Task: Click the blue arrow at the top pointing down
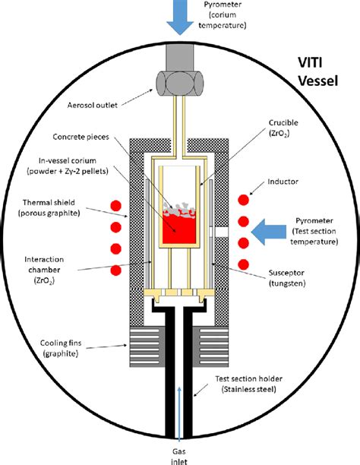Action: pos(180,17)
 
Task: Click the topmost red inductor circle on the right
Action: pos(242,200)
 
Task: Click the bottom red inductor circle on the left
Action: pos(116,270)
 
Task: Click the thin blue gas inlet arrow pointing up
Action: pos(180,410)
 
